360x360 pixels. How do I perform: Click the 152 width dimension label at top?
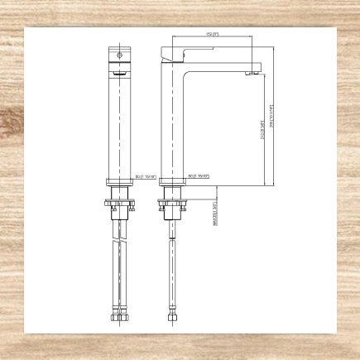(x=211, y=34)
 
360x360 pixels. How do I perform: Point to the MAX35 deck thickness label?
(x=214, y=215)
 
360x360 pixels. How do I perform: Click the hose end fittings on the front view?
(x=121, y=314)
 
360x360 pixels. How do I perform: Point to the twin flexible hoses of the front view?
(x=121, y=265)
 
